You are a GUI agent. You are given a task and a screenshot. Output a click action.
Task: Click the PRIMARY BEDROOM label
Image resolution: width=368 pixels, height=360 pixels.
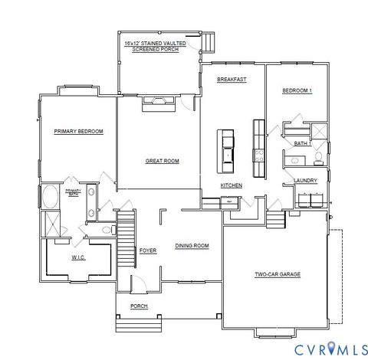click(78, 131)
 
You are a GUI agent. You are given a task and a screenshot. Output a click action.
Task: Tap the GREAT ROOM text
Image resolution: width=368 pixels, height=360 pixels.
click(162, 161)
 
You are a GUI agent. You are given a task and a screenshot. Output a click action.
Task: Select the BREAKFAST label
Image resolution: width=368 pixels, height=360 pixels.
click(231, 80)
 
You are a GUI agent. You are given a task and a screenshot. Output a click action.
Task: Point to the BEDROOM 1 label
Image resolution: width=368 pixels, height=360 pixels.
click(297, 91)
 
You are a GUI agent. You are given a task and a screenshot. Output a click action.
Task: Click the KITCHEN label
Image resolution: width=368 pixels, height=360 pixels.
click(232, 185)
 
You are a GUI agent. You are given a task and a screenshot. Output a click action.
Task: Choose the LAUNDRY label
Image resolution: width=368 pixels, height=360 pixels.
click(305, 181)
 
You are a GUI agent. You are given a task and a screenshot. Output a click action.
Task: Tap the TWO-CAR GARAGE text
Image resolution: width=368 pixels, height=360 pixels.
click(277, 273)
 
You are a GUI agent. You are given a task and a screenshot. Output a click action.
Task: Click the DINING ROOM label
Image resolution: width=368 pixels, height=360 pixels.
click(192, 246)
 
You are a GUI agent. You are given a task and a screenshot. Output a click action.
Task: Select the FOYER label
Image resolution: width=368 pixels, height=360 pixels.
click(148, 250)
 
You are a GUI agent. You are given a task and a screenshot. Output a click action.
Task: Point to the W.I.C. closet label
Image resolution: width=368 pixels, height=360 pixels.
click(78, 257)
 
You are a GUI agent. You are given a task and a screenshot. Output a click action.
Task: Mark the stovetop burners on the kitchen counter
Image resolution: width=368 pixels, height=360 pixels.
click(258, 151)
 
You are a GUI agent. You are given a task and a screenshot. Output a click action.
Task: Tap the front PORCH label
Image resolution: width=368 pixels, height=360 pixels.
click(139, 306)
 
